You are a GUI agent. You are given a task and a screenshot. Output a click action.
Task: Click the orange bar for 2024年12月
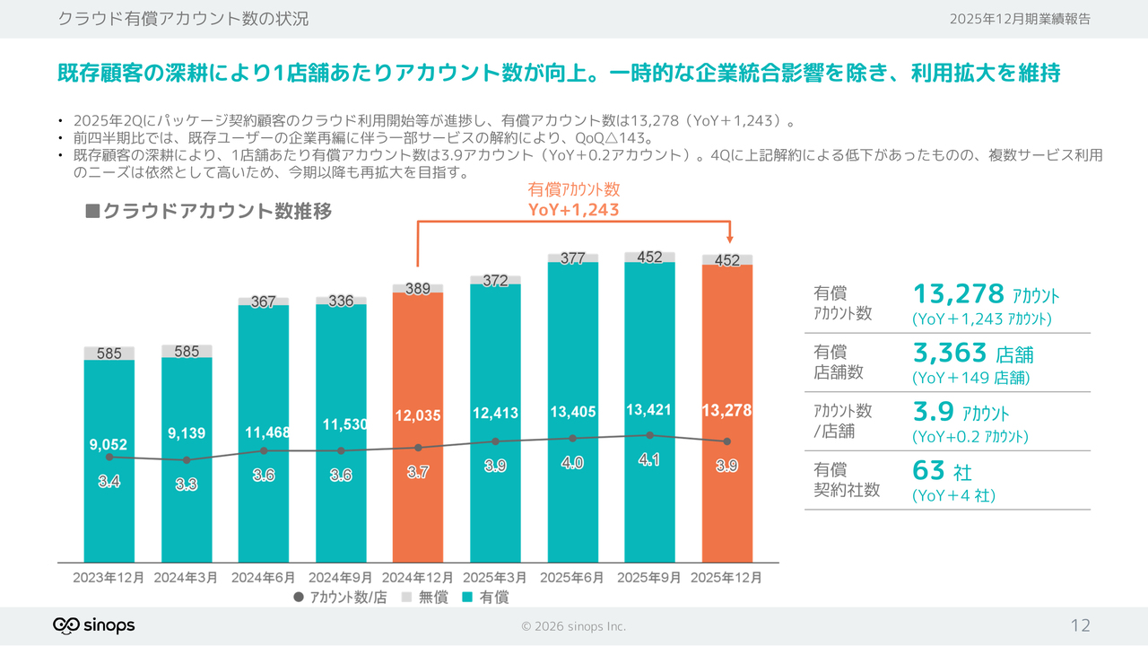click(x=418, y=502)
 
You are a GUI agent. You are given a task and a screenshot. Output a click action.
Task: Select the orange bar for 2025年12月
click(x=726, y=502)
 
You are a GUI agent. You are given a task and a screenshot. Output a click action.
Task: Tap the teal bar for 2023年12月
click(x=109, y=511)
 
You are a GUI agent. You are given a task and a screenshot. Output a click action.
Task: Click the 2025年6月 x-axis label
click(x=572, y=578)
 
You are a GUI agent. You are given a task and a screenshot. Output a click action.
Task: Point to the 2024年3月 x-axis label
click(x=187, y=578)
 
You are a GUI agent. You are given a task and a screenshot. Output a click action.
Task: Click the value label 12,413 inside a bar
click(x=495, y=414)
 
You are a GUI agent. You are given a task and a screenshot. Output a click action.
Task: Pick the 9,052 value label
click(x=109, y=443)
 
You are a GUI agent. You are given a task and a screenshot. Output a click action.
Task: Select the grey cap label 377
click(x=572, y=258)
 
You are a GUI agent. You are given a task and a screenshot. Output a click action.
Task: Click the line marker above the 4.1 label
click(x=649, y=435)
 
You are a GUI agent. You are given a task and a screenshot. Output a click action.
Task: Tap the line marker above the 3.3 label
click(x=187, y=460)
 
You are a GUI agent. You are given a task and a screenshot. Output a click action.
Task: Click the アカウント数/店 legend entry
click(x=340, y=598)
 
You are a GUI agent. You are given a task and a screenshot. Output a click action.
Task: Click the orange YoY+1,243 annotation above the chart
click(x=574, y=210)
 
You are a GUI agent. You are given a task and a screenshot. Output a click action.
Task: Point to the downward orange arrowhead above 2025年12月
click(x=730, y=239)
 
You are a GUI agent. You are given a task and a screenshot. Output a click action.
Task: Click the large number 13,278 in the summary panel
click(x=958, y=293)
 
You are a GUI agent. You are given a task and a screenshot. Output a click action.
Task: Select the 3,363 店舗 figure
click(x=972, y=353)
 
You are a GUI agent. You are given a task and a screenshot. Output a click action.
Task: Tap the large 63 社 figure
click(x=942, y=470)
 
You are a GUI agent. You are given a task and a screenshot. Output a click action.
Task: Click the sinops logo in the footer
click(x=93, y=625)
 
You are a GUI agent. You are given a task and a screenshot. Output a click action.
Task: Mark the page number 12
click(x=1081, y=625)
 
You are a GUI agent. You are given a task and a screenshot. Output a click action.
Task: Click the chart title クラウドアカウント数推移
click(x=208, y=212)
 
